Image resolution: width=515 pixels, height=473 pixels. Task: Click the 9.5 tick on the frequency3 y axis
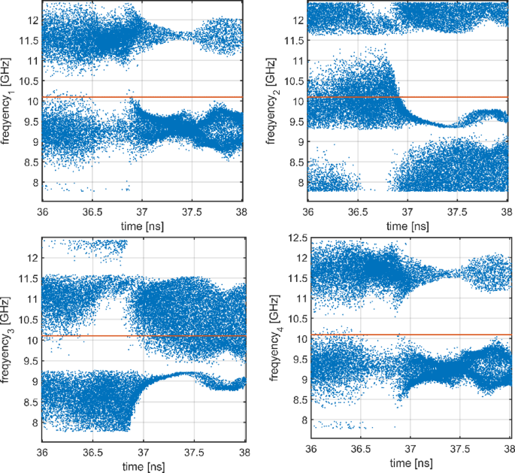[29, 360]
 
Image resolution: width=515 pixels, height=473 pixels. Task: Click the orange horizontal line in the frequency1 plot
[143, 97]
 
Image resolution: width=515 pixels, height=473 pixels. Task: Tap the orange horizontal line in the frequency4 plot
[410, 335]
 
